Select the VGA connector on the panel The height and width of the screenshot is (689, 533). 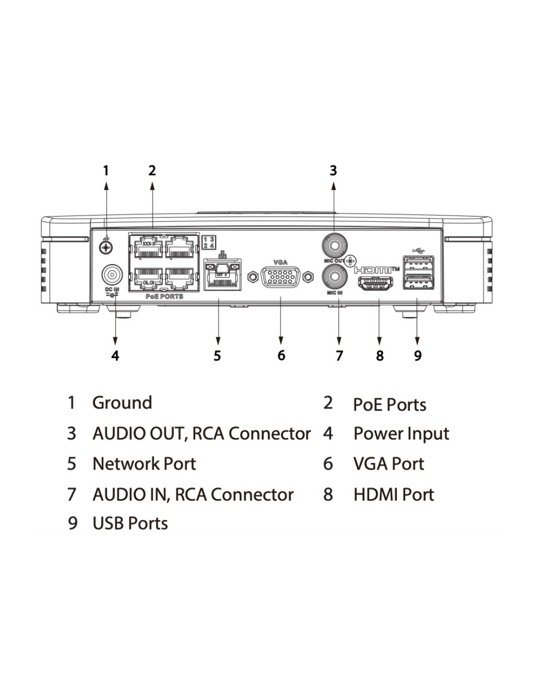281,277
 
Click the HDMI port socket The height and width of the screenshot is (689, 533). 375,284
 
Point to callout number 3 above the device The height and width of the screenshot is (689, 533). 333,171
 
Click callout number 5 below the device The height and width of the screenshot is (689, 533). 218,356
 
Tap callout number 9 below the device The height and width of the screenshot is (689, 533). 418,356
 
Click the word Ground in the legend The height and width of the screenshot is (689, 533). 122,403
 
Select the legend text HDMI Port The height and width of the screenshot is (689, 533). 393,495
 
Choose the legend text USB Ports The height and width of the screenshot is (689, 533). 130,524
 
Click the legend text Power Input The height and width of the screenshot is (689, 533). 401,434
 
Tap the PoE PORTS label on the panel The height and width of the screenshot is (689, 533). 164,297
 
